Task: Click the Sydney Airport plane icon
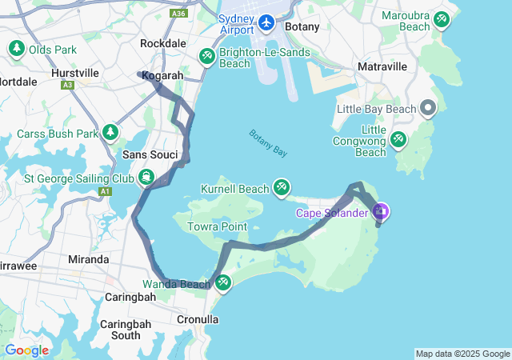click(x=266, y=23)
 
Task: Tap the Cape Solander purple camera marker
click(x=381, y=212)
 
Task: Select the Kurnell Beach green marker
click(x=281, y=187)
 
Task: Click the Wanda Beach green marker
click(x=222, y=282)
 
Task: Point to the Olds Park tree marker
click(x=17, y=50)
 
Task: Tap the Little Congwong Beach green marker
click(x=398, y=140)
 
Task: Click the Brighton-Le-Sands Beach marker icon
click(x=206, y=56)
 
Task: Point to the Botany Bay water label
click(x=268, y=143)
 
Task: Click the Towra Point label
click(x=217, y=227)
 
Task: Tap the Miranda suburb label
click(x=89, y=259)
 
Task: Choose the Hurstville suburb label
click(x=74, y=72)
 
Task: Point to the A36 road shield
click(x=180, y=14)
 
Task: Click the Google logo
click(x=26, y=350)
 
